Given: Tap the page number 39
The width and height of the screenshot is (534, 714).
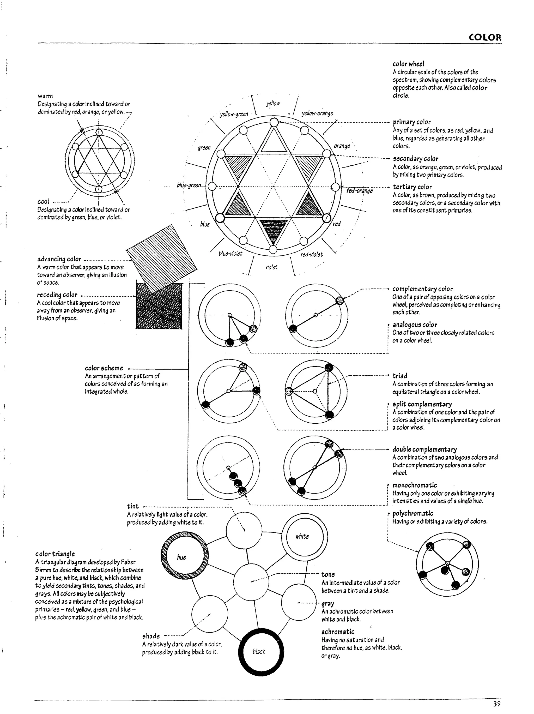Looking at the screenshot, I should [496, 703].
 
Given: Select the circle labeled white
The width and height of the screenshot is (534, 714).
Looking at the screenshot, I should [305, 536].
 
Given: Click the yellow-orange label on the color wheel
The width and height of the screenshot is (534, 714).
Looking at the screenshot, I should [317, 113].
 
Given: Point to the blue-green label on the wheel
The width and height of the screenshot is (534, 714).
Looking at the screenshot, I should [189, 185].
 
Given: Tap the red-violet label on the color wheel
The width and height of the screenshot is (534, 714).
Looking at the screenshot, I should [311, 254].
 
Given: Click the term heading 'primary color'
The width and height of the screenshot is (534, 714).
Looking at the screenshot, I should [412, 122].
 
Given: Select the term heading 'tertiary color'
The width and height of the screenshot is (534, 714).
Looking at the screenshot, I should [412, 187].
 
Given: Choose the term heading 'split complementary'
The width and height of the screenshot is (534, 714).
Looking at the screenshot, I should [422, 404].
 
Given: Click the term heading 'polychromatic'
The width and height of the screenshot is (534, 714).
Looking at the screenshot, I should [413, 513].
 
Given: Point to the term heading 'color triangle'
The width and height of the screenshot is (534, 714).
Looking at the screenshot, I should [55, 554].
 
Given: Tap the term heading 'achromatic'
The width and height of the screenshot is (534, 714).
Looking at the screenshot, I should [337, 632].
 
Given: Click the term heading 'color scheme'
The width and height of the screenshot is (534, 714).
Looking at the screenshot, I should [104, 368].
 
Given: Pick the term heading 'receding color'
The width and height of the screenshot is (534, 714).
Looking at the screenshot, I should [57, 295].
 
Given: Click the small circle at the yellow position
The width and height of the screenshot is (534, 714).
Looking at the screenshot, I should [274, 122].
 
